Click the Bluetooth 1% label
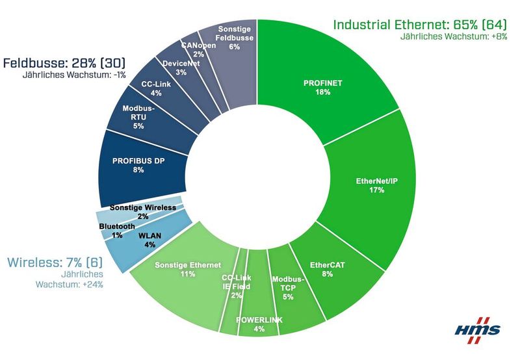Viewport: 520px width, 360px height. point(117,230)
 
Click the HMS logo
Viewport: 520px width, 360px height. point(478,328)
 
